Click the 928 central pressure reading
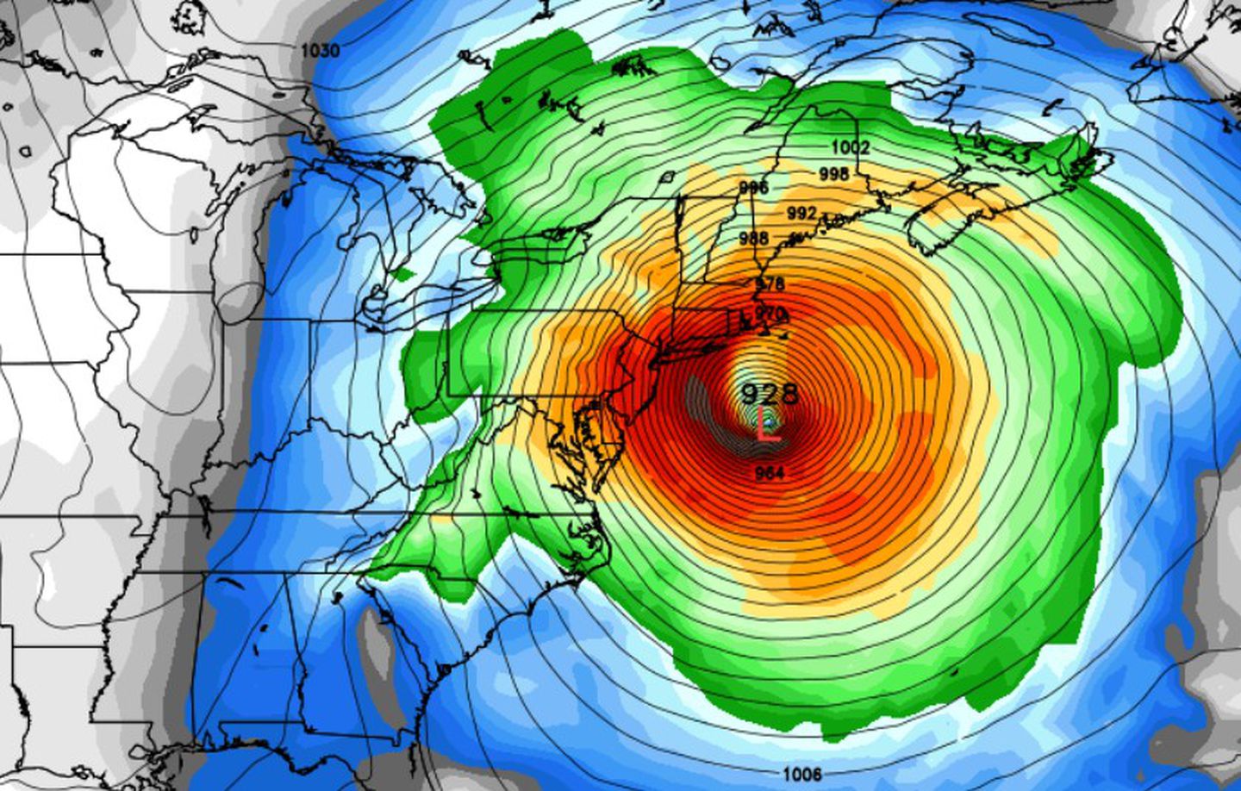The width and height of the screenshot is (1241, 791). (x=770, y=394)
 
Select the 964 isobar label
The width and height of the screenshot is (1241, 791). (x=769, y=472)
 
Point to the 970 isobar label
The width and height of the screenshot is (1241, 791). (x=770, y=314)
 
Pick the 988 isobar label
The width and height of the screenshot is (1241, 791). (x=754, y=238)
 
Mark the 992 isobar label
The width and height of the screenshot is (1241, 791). (x=801, y=212)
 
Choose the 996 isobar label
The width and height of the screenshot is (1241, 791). (x=753, y=188)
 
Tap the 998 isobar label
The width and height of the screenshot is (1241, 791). (x=833, y=174)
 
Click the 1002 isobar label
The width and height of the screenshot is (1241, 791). (x=851, y=148)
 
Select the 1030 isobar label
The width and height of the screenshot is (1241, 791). (x=320, y=51)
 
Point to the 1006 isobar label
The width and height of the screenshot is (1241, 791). (x=801, y=774)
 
